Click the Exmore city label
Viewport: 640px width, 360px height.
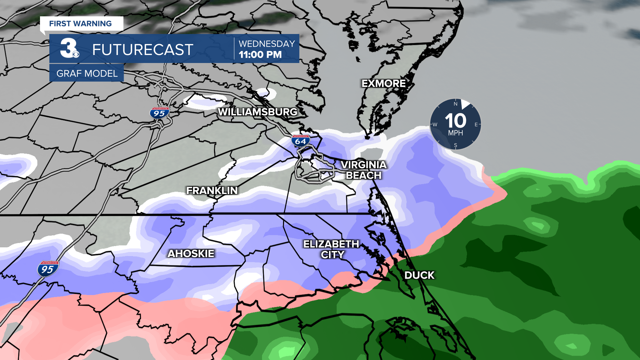coord(383,83)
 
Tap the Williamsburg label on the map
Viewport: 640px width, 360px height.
coord(257,112)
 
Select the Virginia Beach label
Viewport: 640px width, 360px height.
coord(363,170)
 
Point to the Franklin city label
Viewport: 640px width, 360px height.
coord(212,191)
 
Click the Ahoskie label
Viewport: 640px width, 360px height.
coord(191,254)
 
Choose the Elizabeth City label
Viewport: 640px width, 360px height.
coord(331,249)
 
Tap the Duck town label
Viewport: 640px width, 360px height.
coord(419,275)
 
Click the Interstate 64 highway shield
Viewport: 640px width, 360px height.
coord(300,141)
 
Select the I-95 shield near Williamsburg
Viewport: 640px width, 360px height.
coord(159,113)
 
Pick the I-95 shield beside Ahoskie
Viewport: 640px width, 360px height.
coord(48,269)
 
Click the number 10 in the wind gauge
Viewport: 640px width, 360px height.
coord(455,121)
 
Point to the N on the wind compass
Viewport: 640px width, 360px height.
coord(455,104)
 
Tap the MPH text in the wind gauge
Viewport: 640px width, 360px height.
coord(455,133)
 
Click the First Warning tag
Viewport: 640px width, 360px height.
coord(81,24)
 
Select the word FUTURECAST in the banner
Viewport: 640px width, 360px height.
coord(143,50)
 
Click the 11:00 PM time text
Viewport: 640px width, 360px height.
coord(260,55)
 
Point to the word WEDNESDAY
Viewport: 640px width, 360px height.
coord(267,44)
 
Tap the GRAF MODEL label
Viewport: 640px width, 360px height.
coord(87,73)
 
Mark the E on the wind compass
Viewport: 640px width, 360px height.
coord(476,125)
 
